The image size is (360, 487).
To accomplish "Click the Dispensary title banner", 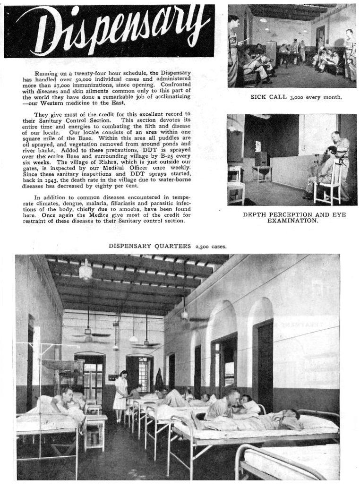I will click(109, 31).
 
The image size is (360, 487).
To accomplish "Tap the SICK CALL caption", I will click(296, 97).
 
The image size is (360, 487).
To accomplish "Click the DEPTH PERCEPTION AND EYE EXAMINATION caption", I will click(294, 217).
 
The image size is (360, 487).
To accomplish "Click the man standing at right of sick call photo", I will click(349, 54).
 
